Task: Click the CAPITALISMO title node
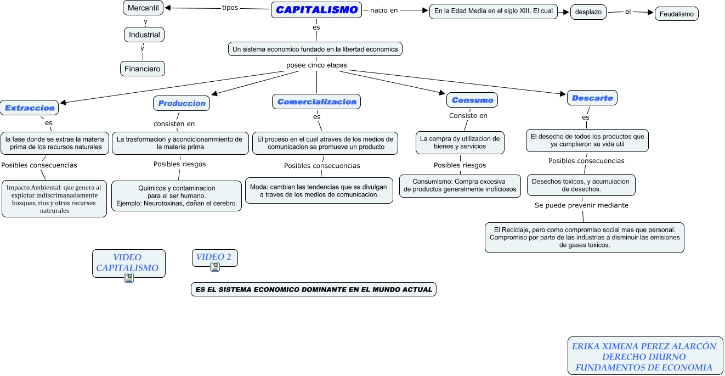[316, 10]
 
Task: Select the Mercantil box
[143, 8]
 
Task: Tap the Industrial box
[144, 35]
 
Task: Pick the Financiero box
[143, 69]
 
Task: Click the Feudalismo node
[676, 14]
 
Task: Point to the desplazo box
[588, 12]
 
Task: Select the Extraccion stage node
[30, 108]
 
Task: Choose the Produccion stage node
[182, 103]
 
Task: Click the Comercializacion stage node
[316, 102]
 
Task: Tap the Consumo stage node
[472, 100]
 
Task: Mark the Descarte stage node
[592, 98]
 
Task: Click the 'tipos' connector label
[230, 8]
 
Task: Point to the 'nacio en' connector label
[384, 10]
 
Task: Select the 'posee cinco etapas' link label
[316, 65]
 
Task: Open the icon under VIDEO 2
[215, 267]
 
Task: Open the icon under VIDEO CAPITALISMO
[129, 278]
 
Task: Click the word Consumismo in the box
[432, 181]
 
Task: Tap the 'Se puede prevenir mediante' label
[581, 205]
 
